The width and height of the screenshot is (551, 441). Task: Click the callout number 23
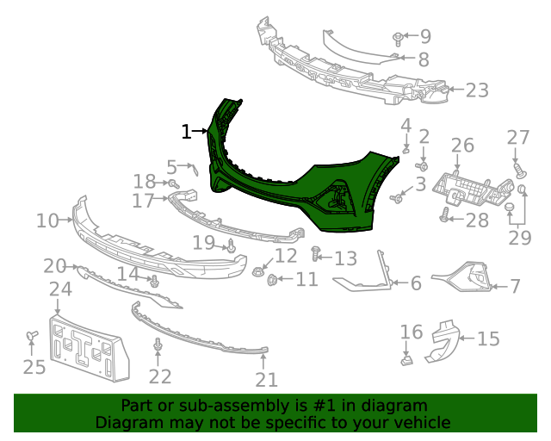click(476, 90)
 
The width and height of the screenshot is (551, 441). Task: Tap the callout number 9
click(424, 37)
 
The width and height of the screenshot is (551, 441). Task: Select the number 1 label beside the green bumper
click(187, 132)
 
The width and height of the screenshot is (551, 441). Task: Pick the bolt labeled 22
click(158, 346)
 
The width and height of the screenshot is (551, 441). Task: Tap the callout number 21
click(266, 380)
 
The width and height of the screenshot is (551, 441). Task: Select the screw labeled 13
click(316, 255)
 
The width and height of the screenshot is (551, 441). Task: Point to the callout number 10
click(46, 221)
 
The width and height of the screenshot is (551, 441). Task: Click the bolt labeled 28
click(446, 219)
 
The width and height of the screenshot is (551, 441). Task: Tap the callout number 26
click(462, 146)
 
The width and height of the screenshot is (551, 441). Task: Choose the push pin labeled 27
click(516, 162)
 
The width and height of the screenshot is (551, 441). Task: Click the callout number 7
click(515, 286)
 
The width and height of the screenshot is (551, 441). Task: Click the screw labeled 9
click(398, 39)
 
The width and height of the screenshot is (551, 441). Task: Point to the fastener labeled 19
click(231, 248)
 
